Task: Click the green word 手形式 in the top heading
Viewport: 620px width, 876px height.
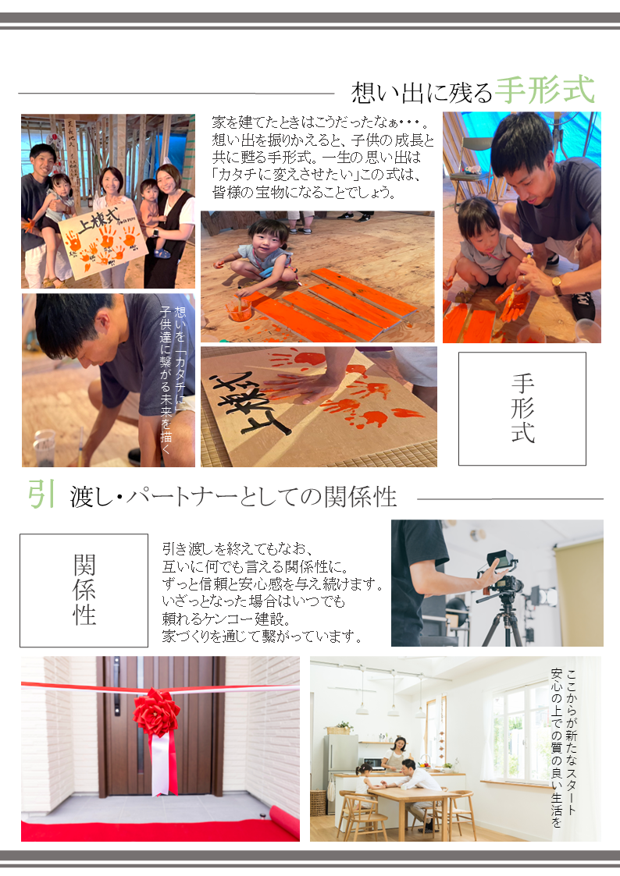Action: click(x=545, y=90)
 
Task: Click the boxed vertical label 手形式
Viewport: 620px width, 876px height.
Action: click(x=522, y=409)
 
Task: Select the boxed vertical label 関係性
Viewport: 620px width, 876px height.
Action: click(x=84, y=590)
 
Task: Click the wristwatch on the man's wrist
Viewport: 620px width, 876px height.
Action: click(x=557, y=285)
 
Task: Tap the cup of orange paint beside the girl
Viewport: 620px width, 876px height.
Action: click(x=238, y=309)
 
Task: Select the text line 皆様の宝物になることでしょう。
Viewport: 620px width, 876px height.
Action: click(x=304, y=193)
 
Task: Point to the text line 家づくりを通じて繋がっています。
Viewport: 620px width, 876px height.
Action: click(x=263, y=637)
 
